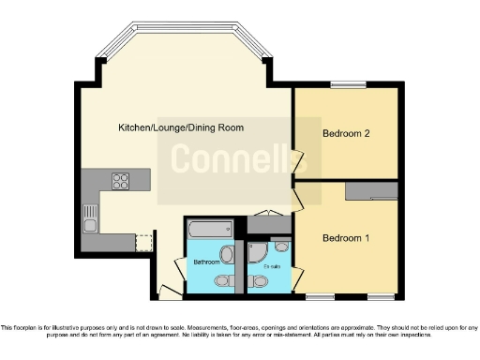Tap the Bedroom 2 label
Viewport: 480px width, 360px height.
pos(345,134)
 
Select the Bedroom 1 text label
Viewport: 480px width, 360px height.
pos(346,238)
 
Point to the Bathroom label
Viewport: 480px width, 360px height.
pos(205,262)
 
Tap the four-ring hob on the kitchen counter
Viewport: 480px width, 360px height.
pos(122,179)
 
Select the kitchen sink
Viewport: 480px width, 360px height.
pos(90,218)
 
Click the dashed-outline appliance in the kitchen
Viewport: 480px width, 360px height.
pos(142,243)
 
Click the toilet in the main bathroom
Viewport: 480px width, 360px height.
pos(221,279)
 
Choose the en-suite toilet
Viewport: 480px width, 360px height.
pos(260,279)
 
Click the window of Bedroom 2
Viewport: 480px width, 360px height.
pos(347,86)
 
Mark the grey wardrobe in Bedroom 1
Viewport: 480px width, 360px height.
pos(370,191)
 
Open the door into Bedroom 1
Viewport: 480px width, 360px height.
pos(299,199)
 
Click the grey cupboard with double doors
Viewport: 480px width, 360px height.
pos(262,226)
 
